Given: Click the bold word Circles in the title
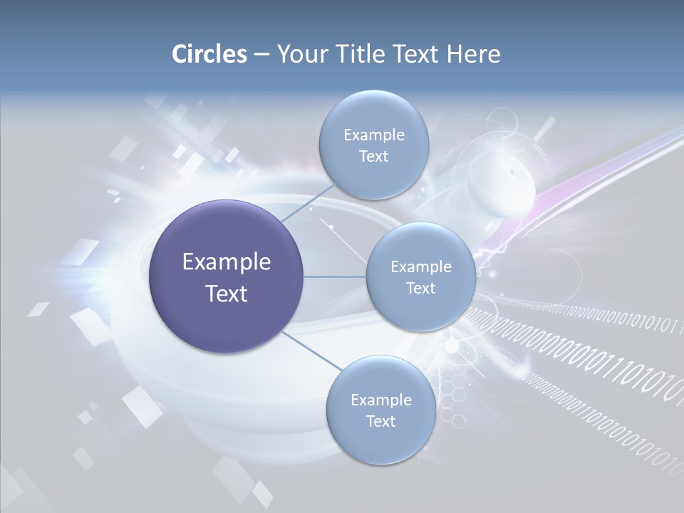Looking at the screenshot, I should tap(209, 54).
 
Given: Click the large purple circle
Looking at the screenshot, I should tap(227, 276).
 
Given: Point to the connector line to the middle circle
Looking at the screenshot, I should tap(335, 276).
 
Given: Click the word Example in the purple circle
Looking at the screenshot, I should tap(227, 262).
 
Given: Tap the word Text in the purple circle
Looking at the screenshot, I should tap(227, 294).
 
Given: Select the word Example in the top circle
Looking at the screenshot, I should tap(373, 135).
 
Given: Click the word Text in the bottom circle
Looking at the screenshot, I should tap(380, 421).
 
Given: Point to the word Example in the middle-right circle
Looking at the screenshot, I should tap(420, 266).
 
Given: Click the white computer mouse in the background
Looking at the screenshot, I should tap(502, 185).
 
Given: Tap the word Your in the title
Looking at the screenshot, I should tap(298, 54).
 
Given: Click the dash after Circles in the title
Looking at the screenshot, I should tap(261, 54).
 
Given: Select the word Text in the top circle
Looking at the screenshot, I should tap(373, 156).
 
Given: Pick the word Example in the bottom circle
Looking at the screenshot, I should tap(380, 400).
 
